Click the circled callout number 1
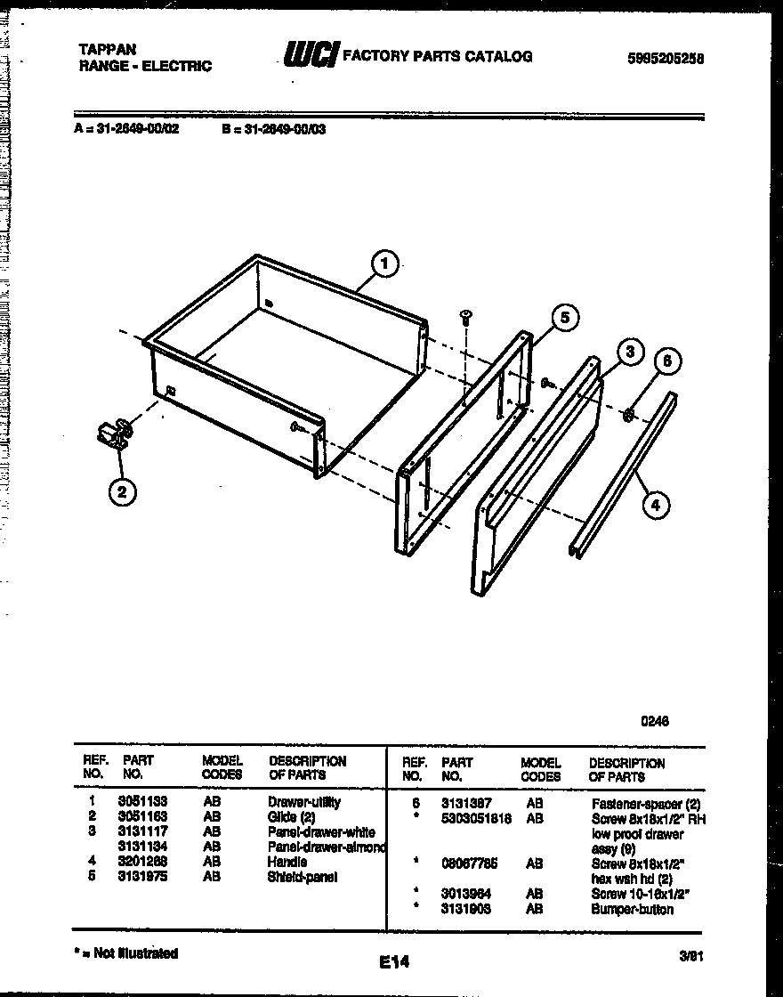tap(384, 263)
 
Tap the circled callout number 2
tap(122, 490)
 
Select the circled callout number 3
tap(629, 353)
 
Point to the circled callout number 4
tap(655, 506)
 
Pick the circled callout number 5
tap(563, 317)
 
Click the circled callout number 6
tap(668, 361)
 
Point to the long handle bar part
tap(623, 476)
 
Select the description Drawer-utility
tap(303, 802)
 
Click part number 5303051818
tap(476, 818)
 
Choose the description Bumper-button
tap(632, 909)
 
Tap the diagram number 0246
tap(655, 721)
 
